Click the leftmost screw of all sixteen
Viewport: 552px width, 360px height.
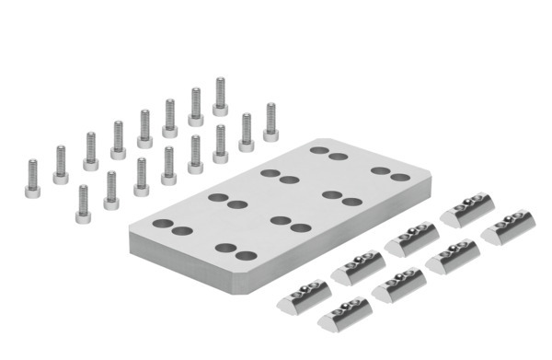[33, 180]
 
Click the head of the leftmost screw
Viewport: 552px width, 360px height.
[33, 192]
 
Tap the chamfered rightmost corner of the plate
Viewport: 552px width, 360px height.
[429, 175]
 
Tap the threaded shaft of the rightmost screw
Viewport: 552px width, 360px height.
[270, 116]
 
